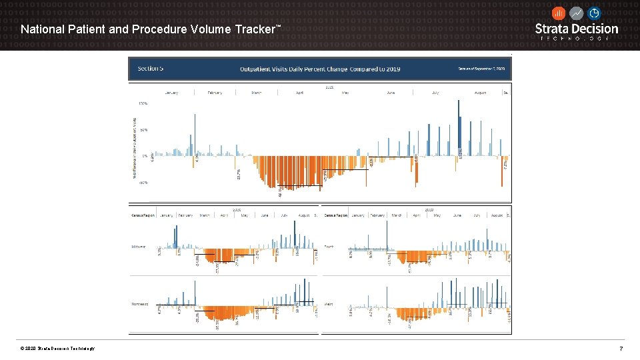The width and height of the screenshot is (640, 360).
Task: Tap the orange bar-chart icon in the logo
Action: pyautogui.click(x=559, y=13)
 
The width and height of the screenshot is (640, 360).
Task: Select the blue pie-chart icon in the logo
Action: pyautogui.click(x=594, y=13)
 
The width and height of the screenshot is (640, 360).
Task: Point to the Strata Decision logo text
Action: pyautogui.click(x=577, y=29)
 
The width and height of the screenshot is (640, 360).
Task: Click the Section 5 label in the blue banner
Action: pyautogui.click(x=151, y=68)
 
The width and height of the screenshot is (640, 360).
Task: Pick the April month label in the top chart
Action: pyautogui.click(x=299, y=93)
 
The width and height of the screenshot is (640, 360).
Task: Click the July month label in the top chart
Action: pyautogui.click(x=435, y=93)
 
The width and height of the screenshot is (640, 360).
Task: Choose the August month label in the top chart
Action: pyautogui.click(x=480, y=93)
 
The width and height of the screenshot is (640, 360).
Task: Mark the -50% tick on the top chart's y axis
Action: pyautogui.click(x=143, y=182)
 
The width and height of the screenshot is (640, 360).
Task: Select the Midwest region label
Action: pyautogui.click(x=138, y=247)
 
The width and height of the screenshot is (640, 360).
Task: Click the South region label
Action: pyautogui.click(x=329, y=247)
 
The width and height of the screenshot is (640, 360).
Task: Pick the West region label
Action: pyautogui.click(x=328, y=304)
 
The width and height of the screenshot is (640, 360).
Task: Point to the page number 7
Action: pyautogui.click(x=621, y=349)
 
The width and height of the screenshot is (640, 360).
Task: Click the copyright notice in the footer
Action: pyautogui.click(x=57, y=349)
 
